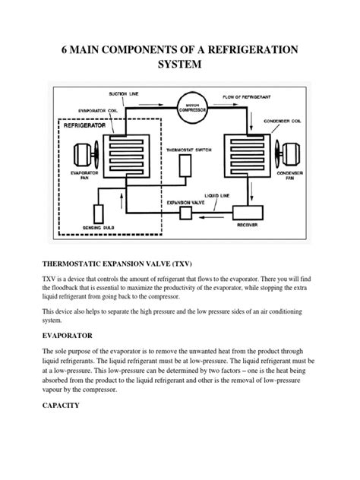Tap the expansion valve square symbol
[x=186, y=213]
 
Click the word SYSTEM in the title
[x=179, y=65]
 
